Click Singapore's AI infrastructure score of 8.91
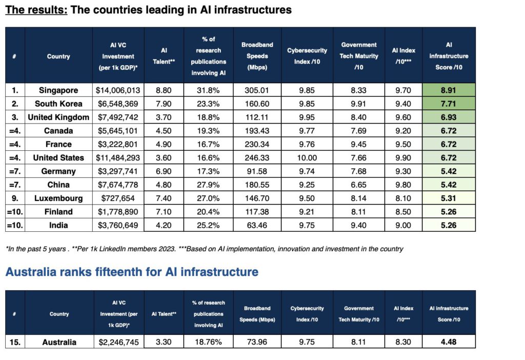coord(449,90)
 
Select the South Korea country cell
coord(58,104)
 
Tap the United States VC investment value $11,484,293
coord(118,158)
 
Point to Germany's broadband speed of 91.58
coord(257,171)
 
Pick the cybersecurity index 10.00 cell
coord(307,158)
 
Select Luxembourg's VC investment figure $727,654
coord(118,198)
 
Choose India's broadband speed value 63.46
coord(257,225)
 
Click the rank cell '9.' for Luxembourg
coord(15,198)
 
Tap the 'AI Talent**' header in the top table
coord(164,56)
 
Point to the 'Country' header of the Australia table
coord(59,314)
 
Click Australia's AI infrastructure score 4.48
coord(449,342)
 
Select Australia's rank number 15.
coord(15,342)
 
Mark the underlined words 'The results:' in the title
coord(36,10)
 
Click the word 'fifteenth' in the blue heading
coord(134,272)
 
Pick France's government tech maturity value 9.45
coord(359,144)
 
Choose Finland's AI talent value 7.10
coord(164,212)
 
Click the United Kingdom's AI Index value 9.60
coord(403,117)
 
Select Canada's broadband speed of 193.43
coord(257,131)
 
